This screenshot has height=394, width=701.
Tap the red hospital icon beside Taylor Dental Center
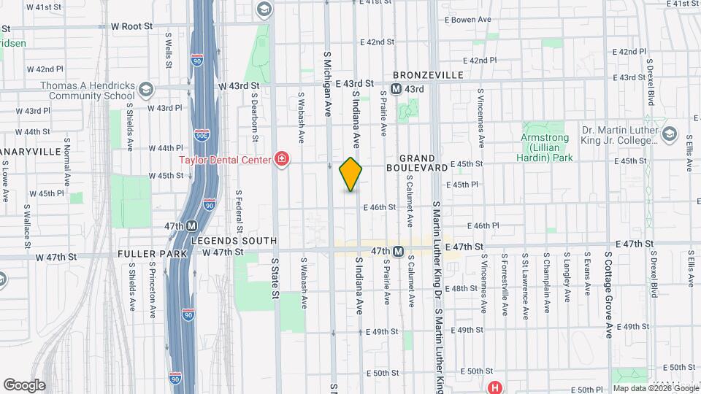(281, 159)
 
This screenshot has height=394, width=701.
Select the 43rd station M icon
(397, 89)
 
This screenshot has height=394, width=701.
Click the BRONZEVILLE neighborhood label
(428, 75)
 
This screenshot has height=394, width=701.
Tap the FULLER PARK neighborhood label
(152, 254)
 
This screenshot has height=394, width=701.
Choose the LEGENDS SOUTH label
(234, 241)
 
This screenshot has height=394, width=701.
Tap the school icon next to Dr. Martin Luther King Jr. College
(669, 134)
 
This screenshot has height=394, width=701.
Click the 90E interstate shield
(202, 134)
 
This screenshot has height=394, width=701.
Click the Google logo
(24, 385)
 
